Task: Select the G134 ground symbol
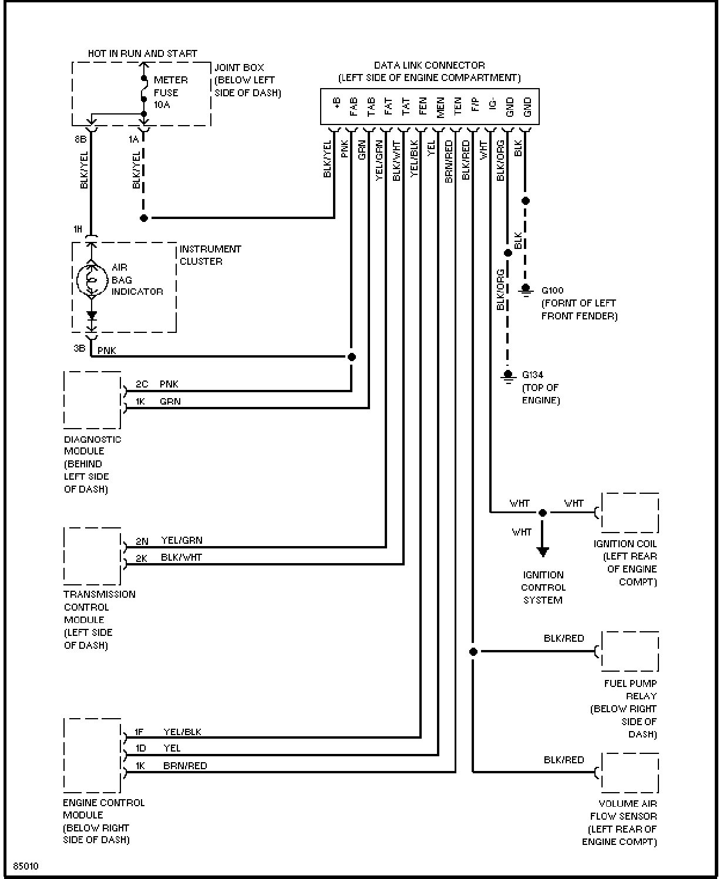click(x=508, y=376)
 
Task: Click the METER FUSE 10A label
click(x=170, y=92)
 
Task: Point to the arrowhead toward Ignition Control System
click(x=543, y=552)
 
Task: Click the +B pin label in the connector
click(x=337, y=103)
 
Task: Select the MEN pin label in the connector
click(x=440, y=107)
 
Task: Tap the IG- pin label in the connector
click(x=492, y=104)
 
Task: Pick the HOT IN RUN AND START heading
click(x=143, y=54)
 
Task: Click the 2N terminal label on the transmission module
click(x=142, y=541)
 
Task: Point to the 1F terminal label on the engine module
click(x=139, y=732)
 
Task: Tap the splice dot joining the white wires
click(x=543, y=513)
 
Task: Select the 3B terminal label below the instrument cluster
click(x=80, y=348)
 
